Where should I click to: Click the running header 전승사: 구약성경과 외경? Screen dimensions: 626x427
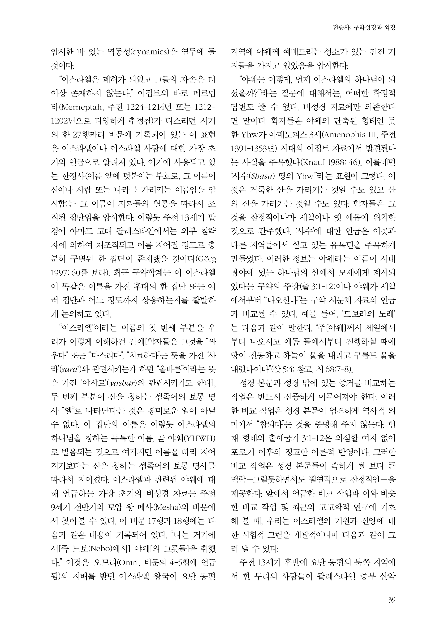(x=364, y=28)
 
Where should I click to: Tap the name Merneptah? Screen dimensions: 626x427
(x=82, y=107)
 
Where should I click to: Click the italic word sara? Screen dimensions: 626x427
(x=69, y=370)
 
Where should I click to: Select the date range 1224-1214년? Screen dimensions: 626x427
(x=149, y=107)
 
